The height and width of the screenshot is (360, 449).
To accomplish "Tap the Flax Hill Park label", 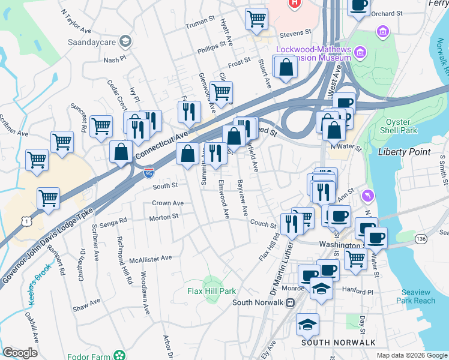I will [x=211, y=291].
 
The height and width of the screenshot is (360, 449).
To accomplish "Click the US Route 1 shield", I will [x=26, y=222].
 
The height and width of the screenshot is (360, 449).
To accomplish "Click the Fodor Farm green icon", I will [x=120, y=354].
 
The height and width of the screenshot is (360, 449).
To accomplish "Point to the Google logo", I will [x=20, y=353].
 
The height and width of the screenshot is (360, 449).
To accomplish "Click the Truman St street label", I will [x=200, y=20].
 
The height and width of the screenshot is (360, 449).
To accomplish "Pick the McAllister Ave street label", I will [x=151, y=259].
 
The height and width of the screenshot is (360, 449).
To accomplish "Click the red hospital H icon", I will [x=294, y=3].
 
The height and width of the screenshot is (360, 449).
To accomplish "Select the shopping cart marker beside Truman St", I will [x=256, y=19].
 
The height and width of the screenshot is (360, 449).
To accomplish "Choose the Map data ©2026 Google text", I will [x=411, y=355].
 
